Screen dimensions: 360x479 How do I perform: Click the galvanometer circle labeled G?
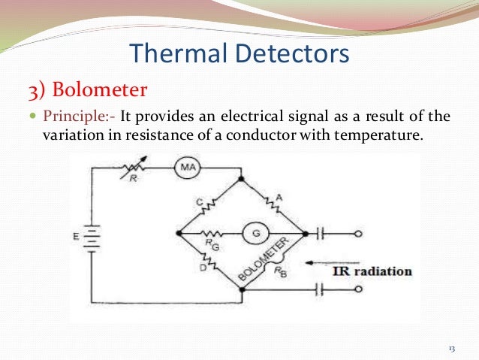(x=255, y=234)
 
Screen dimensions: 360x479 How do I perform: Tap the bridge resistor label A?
(x=279, y=197)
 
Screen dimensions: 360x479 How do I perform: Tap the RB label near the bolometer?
(x=283, y=273)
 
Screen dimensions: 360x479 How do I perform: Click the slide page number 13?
(x=452, y=347)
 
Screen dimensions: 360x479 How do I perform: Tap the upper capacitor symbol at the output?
(x=324, y=234)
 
